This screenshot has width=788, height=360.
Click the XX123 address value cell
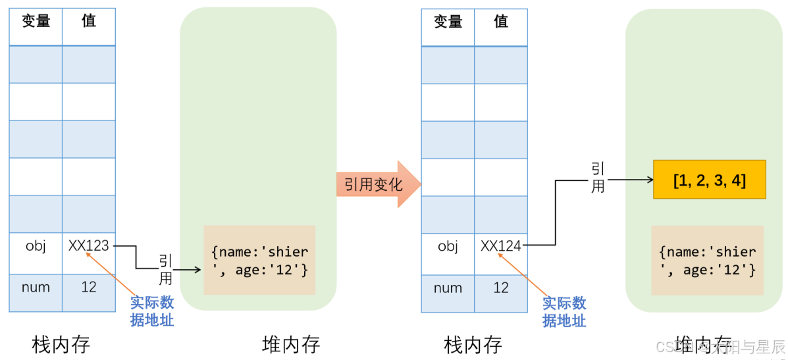[x=89, y=246]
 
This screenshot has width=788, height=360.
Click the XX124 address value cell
[x=501, y=246]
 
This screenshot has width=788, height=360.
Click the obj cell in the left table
[x=36, y=246]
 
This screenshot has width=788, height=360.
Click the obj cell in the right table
[x=448, y=246]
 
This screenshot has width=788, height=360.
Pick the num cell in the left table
[x=36, y=288]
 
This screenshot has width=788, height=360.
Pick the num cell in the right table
[x=448, y=288]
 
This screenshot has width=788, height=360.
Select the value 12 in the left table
[x=89, y=288]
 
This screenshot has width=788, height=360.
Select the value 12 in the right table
[x=501, y=288]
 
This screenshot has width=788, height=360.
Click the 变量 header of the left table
[x=36, y=21]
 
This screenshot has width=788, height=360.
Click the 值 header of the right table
[x=501, y=21]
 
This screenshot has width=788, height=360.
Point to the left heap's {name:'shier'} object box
[x=259, y=261]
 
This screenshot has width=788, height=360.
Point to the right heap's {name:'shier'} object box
[x=707, y=261]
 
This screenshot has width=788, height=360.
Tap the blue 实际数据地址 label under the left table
[x=152, y=311]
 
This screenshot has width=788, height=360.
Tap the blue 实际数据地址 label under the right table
[x=564, y=311]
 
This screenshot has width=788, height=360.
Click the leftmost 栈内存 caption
[x=61, y=344]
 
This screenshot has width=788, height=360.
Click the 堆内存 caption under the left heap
[x=291, y=344]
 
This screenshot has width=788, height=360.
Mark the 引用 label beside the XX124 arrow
[x=598, y=178]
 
